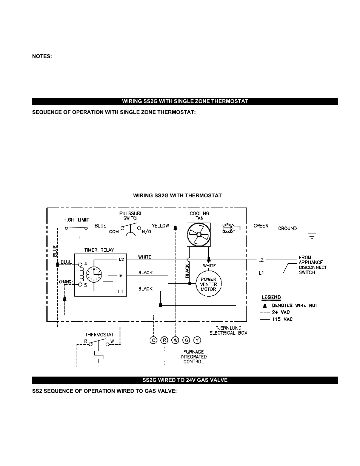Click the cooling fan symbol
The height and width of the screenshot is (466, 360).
pyautogui.click(x=198, y=235)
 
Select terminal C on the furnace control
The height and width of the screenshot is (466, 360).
pyautogui.click(x=153, y=340)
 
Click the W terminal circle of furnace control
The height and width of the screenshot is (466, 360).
pyautogui.click(x=175, y=340)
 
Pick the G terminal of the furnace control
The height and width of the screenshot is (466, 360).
pyautogui.click(x=186, y=340)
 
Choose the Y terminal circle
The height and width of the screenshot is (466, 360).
pyautogui.click(x=197, y=340)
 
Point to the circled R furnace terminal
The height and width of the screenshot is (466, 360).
pyautogui.click(x=164, y=340)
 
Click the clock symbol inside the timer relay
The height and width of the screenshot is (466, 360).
pyautogui.click(x=94, y=274)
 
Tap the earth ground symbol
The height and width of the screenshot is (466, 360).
pyautogui.click(x=312, y=236)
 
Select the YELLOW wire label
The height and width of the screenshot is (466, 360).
pyautogui.click(x=160, y=226)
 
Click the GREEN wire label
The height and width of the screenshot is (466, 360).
pyautogui.click(x=261, y=226)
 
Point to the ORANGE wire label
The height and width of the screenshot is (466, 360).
pyautogui.click(x=66, y=281)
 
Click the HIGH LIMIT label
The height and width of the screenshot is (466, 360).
pyautogui.click(x=76, y=220)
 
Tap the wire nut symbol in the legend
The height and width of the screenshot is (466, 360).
pyautogui.click(x=265, y=306)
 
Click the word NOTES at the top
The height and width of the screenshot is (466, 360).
pyautogui.click(x=42, y=56)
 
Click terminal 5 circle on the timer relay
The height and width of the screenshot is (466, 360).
pyautogui.click(x=80, y=285)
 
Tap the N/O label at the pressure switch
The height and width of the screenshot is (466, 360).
pyautogui.click(x=146, y=232)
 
